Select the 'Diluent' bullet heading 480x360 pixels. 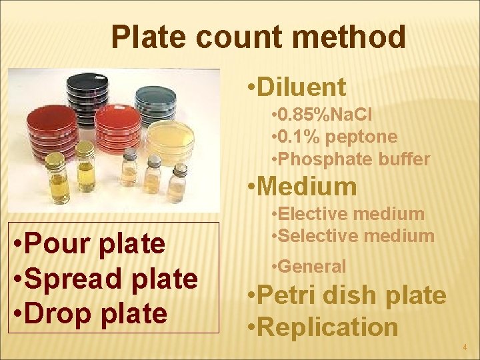(301, 87)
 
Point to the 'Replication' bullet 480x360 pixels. (327, 327)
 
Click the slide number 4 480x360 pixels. (465, 347)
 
